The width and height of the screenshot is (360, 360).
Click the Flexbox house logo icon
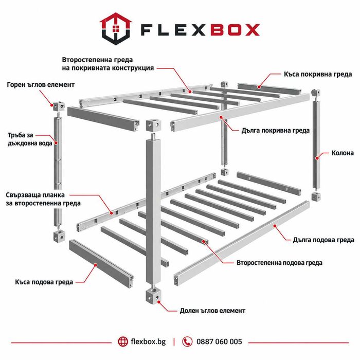pos(116,29)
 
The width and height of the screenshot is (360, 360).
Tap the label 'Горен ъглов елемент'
pos(41,85)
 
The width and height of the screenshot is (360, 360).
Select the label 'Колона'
pos(343,153)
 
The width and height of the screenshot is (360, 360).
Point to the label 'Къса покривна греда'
pos(318,74)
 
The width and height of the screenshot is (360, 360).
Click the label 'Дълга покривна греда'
pos(276,131)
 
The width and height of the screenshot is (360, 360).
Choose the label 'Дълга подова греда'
pos(323,240)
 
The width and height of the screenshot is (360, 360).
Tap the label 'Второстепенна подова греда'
pos(279,263)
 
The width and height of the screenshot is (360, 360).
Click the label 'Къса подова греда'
pos(44,282)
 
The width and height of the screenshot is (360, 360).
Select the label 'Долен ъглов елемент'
pos(212,311)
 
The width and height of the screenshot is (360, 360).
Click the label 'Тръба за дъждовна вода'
pos(30,139)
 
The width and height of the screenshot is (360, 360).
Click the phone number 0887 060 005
pos(219,341)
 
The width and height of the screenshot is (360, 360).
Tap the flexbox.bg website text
pos(148,341)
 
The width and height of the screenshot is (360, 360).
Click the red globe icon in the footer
pos(123,341)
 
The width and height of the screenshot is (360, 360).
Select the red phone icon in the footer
pos(187,341)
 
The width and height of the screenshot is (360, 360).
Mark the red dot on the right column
pos(317,158)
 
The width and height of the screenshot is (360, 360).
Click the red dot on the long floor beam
pos(275,226)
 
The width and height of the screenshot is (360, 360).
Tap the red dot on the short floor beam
pos(96,265)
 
